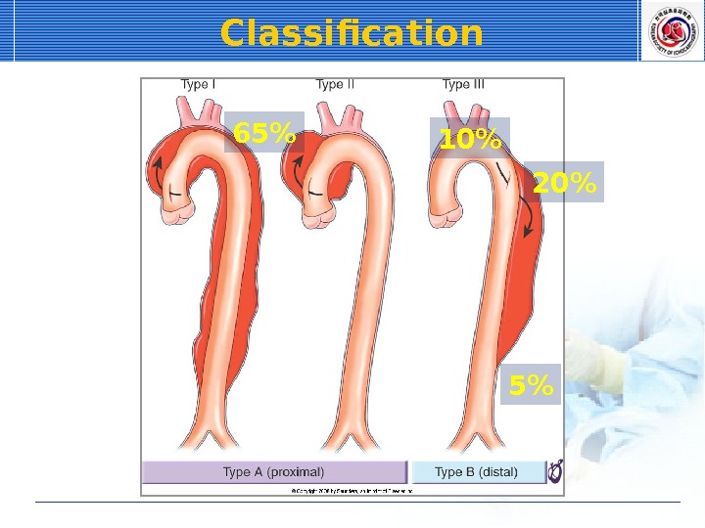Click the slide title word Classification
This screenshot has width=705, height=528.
coord(352,33)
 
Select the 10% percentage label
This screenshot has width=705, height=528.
coord(470,140)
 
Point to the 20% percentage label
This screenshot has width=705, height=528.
coord(564,182)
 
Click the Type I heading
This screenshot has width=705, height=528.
coord(198,85)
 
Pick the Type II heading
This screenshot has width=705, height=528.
coord(335,85)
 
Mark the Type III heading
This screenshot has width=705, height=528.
coord(463,85)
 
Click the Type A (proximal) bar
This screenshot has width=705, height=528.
coord(274,472)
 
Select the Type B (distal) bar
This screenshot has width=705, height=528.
coord(477,472)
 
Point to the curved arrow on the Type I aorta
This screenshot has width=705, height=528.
coord(155,171)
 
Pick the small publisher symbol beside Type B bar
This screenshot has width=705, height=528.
coord(555,472)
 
